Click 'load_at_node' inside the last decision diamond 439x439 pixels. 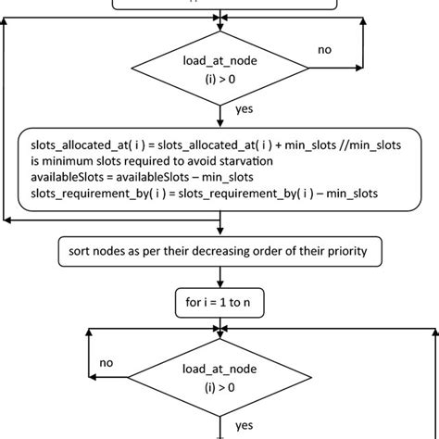pyautogui.click(x=219, y=369)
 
